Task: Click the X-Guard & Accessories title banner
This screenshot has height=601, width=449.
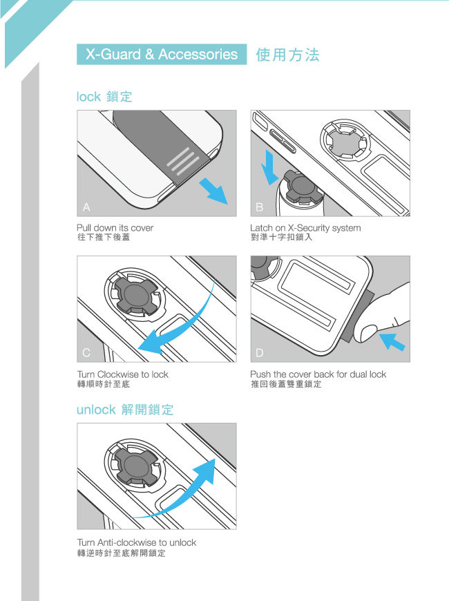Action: coord(162,54)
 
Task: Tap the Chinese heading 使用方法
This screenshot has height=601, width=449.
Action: coord(287,55)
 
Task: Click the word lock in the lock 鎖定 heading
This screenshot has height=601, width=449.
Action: coord(88,97)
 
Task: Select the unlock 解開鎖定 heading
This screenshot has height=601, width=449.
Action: coord(125,410)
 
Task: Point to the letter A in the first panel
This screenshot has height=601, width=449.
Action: coord(86,207)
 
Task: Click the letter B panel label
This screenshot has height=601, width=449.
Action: coord(260,207)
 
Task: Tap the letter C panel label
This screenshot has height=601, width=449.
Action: coord(86,352)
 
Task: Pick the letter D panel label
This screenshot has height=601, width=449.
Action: coord(260,352)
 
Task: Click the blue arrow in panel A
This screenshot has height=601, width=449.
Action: coord(213,191)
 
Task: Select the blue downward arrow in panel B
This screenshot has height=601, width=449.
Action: coord(270,167)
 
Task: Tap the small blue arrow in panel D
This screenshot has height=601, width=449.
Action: coord(392,341)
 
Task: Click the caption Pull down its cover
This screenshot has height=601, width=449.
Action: coord(115,228)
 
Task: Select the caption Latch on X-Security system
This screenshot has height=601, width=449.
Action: coord(305,228)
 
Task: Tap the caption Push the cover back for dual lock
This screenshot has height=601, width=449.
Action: coord(318,374)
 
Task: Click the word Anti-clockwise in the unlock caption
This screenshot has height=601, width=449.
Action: coord(127,542)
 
